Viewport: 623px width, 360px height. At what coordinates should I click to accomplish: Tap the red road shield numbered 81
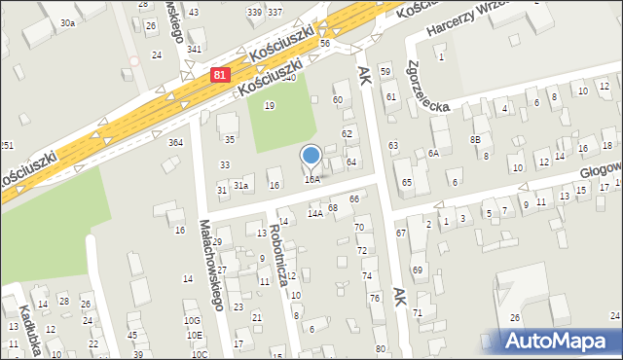(222, 74)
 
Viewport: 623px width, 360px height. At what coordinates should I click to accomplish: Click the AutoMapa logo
(560, 341)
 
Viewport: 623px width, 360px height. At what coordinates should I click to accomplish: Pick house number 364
(175, 143)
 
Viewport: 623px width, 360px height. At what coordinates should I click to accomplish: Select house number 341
(195, 49)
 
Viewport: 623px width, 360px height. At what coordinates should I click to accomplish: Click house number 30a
(67, 21)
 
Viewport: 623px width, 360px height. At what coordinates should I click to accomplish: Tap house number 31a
(240, 185)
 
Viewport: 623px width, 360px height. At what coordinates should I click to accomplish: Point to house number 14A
(314, 213)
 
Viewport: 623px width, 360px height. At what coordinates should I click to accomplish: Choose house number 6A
(433, 153)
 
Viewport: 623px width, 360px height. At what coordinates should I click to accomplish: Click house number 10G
(192, 320)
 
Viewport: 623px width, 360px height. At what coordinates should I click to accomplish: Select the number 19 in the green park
(270, 105)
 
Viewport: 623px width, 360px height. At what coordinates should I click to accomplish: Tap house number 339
(254, 12)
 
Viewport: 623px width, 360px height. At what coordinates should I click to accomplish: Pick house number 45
(133, 336)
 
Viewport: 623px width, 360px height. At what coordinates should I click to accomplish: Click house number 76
(375, 298)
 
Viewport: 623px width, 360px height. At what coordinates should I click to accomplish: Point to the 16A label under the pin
(311, 179)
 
